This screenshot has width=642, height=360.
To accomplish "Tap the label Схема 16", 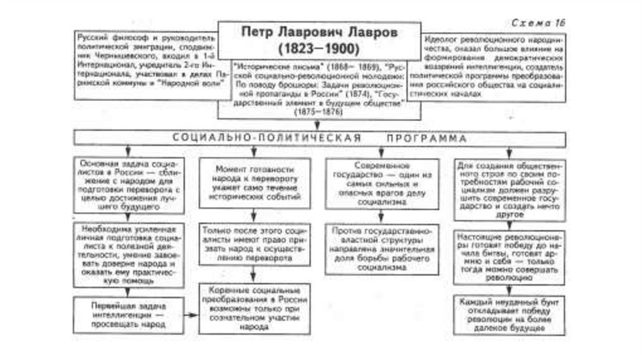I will (x=538, y=23).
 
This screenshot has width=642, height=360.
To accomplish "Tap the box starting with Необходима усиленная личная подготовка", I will (x=129, y=255).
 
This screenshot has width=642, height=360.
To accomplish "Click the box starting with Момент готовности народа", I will (x=254, y=183).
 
